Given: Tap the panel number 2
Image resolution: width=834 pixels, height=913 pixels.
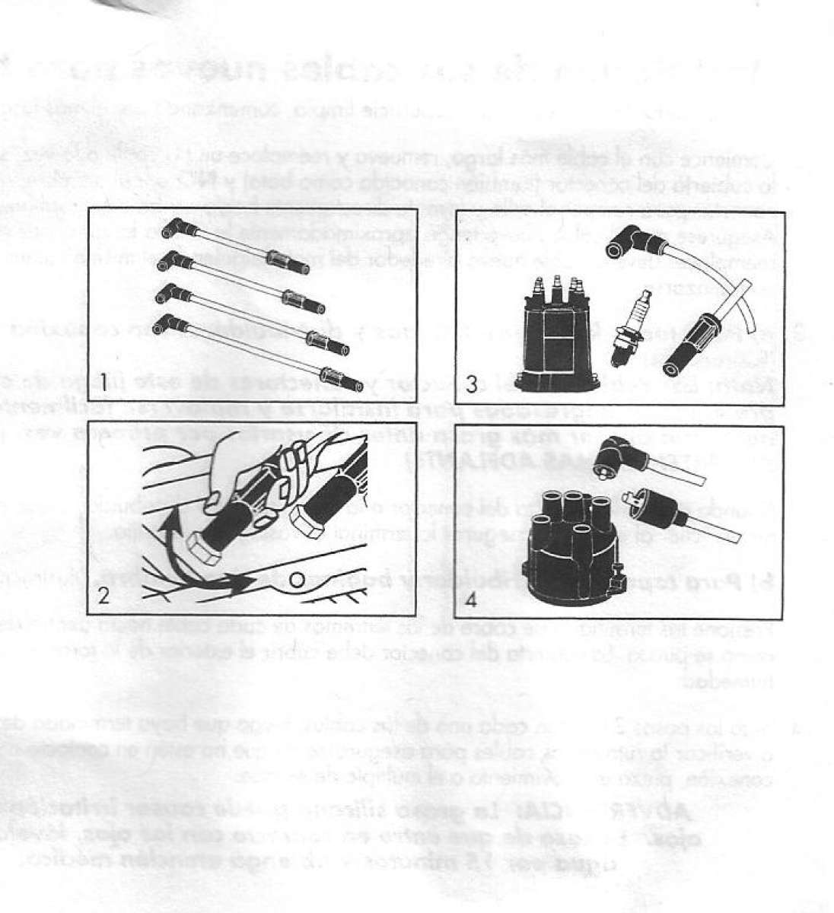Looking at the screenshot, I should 104,597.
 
